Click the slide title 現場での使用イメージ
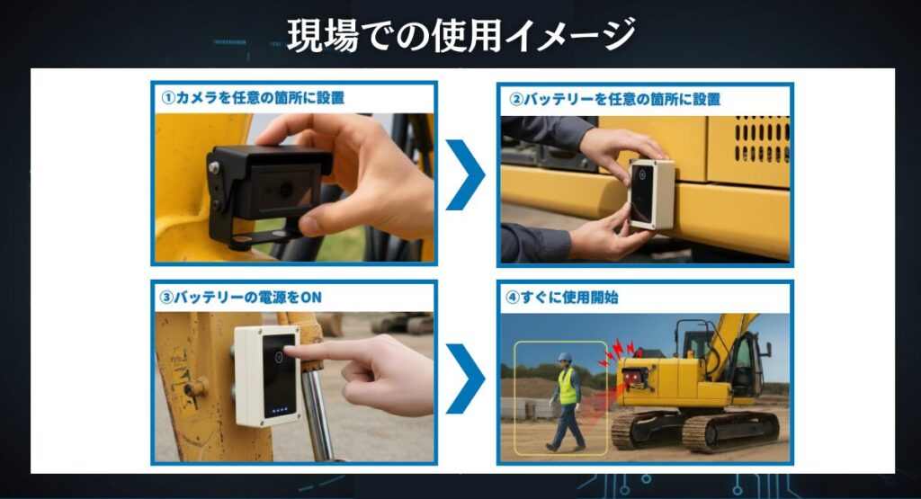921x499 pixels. (x=461, y=35)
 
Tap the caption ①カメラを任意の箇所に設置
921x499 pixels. (x=253, y=97)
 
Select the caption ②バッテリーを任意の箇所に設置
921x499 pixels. (x=614, y=99)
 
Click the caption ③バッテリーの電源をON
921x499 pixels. (x=240, y=298)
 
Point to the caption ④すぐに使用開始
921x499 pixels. (x=561, y=297)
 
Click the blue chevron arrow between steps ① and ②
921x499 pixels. (x=465, y=174)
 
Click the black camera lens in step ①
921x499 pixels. (x=286, y=189)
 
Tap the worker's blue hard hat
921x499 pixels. (x=565, y=356)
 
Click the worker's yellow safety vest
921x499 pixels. (x=568, y=387)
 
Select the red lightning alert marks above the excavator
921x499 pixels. (x=617, y=352)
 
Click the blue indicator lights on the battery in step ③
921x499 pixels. (x=280, y=410)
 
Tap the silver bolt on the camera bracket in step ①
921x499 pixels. (x=214, y=168)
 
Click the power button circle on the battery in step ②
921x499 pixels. (x=642, y=174)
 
